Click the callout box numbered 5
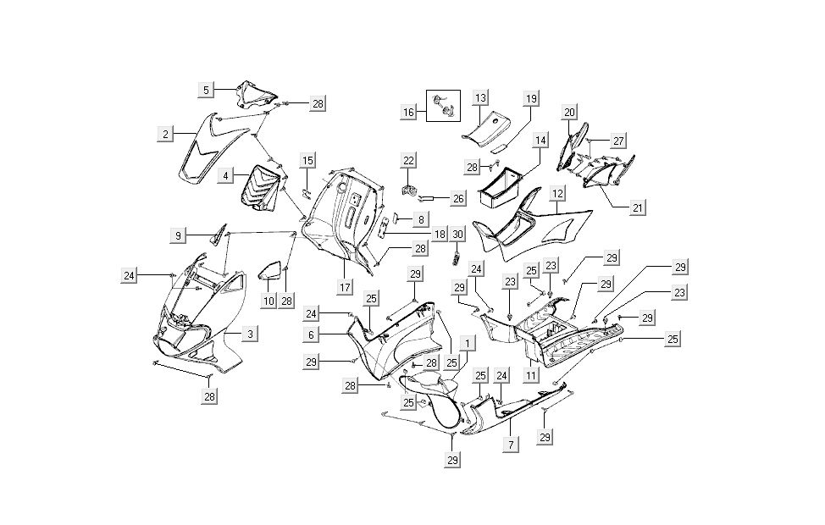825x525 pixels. (206, 89)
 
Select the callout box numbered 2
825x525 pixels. (168, 134)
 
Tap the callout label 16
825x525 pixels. (408, 113)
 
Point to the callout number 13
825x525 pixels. (480, 98)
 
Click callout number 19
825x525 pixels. (531, 99)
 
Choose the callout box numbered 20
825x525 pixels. (569, 112)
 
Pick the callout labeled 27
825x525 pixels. (619, 140)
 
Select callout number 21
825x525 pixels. (636, 207)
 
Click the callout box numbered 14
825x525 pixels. (540, 140)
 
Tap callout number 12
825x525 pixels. (556, 193)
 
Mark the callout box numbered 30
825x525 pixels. (457, 234)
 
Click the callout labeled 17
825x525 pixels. (345, 287)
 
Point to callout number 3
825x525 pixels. (250, 334)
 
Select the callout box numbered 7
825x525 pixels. (510, 444)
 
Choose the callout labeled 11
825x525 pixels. (532, 374)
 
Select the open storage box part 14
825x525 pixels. (507, 188)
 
